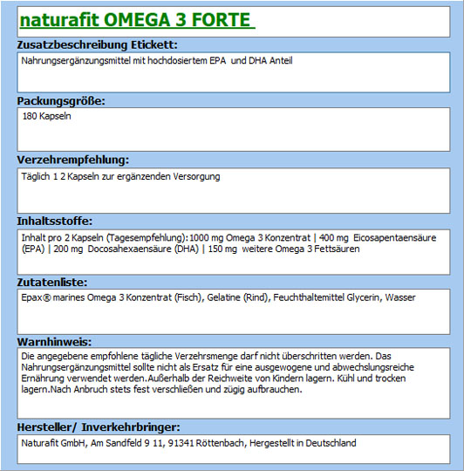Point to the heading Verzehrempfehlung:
tap(73, 160)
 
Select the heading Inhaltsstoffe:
tap(55, 221)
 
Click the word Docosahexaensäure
tap(121, 249)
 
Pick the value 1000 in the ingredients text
tap(201, 237)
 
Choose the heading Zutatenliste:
tap(52, 283)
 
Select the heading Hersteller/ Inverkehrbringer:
tap(99, 427)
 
